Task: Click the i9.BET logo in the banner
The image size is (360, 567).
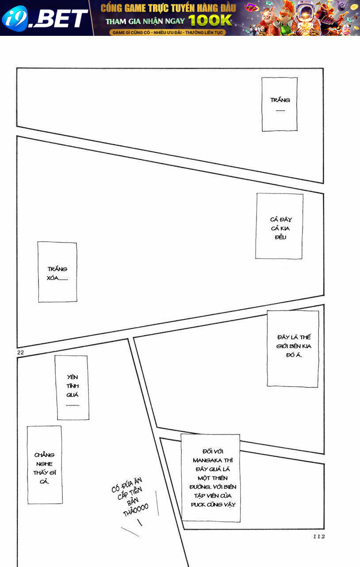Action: click(x=44, y=18)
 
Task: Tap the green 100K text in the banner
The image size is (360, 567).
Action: click(x=210, y=20)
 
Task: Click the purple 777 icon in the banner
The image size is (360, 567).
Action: click(x=252, y=8)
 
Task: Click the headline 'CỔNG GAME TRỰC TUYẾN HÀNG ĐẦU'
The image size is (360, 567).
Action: click(x=168, y=8)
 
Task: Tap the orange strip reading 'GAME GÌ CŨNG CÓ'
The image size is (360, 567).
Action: click(x=168, y=32)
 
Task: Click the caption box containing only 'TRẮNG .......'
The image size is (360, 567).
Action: click(x=280, y=104)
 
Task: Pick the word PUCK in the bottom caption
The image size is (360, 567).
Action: click(x=198, y=505)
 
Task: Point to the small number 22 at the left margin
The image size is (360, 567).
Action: click(x=20, y=352)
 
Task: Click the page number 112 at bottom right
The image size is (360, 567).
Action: click(x=319, y=536)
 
